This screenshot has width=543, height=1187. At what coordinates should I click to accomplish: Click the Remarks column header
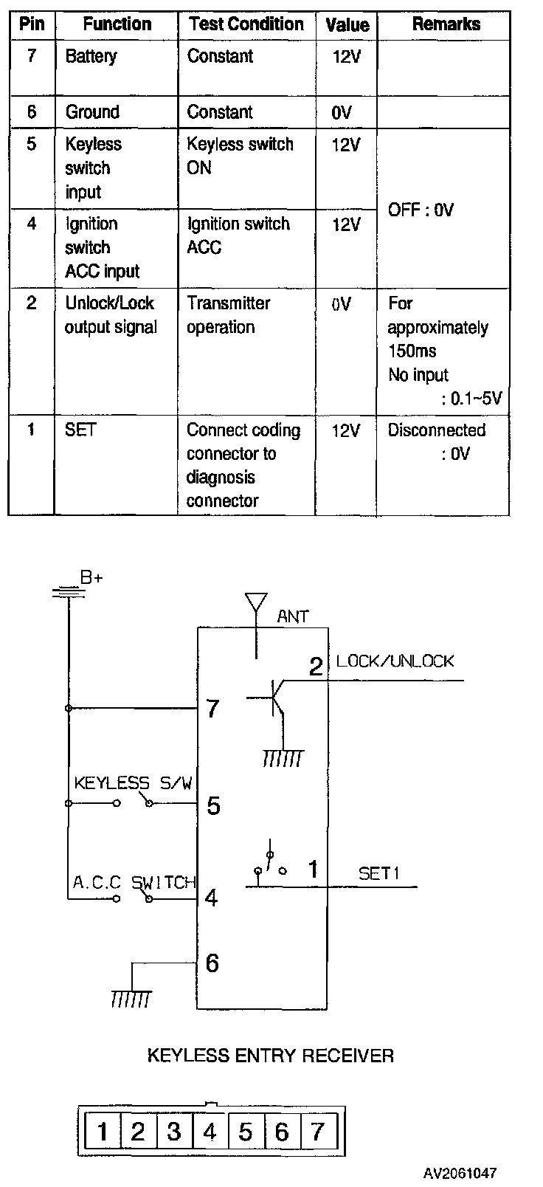point(446,24)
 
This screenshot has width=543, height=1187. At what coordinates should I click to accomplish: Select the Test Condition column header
point(246,24)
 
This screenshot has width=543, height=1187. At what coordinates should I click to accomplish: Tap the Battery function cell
point(91,57)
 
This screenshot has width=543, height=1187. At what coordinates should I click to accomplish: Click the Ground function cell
point(92,111)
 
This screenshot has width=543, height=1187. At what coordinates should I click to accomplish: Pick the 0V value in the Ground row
point(342,112)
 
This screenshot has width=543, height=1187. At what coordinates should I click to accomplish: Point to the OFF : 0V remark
point(421,210)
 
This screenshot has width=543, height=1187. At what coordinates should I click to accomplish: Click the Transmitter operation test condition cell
point(228,315)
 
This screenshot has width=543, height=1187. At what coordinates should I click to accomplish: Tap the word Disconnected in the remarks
point(437,430)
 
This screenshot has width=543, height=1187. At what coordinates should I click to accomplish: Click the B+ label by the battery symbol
point(91,577)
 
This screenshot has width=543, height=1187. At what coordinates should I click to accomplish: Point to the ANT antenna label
point(292,616)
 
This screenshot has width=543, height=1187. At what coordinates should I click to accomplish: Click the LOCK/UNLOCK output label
point(395,661)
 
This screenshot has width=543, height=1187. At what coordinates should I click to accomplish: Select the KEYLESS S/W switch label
point(133,782)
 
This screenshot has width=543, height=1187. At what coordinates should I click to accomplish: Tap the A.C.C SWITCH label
point(134,882)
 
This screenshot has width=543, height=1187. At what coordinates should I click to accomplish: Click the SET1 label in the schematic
point(378,873)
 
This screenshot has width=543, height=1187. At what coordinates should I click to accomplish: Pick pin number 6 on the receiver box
point(212,963)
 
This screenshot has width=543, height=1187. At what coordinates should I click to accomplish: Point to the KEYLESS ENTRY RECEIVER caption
point(270,1056)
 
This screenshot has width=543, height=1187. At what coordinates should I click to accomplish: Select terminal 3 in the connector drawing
point(174,1132)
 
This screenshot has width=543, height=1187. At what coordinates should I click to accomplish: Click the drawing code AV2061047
point(460,1173)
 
